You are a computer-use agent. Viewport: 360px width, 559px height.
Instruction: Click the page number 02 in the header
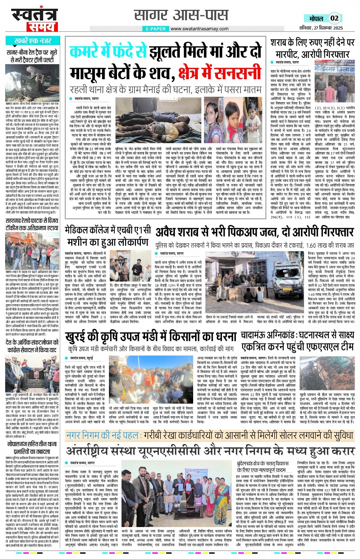coord(334,18)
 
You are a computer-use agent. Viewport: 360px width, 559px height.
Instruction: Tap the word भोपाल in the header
coord(316,18)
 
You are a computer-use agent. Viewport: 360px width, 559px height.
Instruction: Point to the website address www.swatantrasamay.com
coord(199,29)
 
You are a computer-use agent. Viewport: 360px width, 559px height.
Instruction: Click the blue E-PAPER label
coord(156,29)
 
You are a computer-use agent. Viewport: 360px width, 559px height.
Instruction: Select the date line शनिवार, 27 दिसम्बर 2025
coord(321,27)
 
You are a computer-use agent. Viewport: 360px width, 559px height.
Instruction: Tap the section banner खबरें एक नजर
coord(33,40)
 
